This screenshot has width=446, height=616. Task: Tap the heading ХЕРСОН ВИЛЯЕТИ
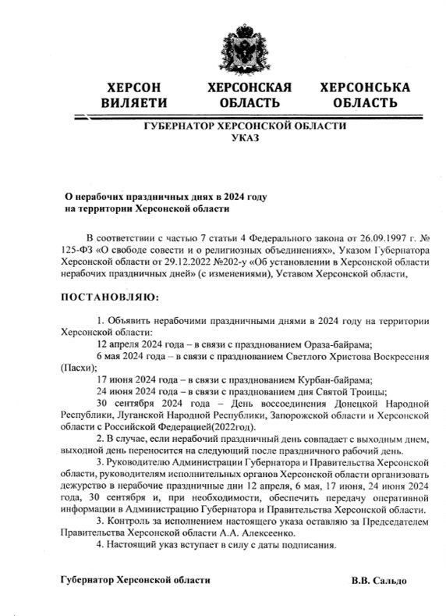[134, 94]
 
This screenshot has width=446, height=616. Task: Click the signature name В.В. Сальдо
[379, 581]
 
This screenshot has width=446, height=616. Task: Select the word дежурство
[83, 486]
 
